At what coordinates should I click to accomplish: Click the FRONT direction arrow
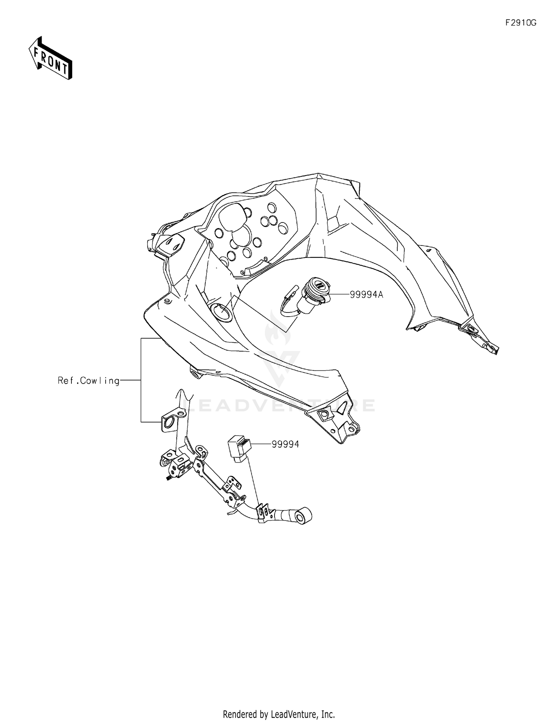tap(51, 58)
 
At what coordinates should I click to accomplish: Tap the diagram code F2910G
tap(520, 23)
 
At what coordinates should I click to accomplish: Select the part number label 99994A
tap(366, 295)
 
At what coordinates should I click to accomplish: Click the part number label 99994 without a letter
tap(285, 444)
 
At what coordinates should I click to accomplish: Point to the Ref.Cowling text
tap(89, 381)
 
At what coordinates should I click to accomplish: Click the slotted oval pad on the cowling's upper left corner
tap(172, 244)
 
